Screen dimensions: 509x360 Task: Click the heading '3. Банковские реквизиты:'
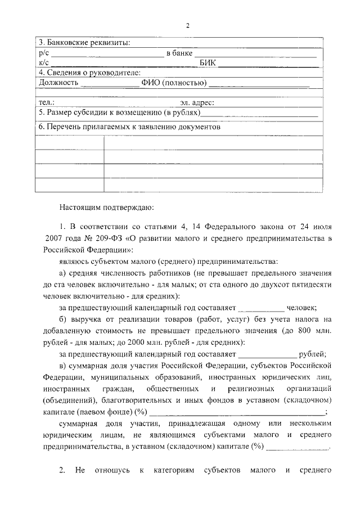pos(83,43)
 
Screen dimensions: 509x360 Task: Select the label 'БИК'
pos(208,63)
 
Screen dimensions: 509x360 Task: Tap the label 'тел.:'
pos(46,103)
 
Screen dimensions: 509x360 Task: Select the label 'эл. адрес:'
pos(197,103)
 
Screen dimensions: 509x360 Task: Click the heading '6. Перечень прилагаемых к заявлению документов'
pos(127,127)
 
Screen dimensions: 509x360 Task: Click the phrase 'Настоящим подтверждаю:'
pos(104,206)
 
